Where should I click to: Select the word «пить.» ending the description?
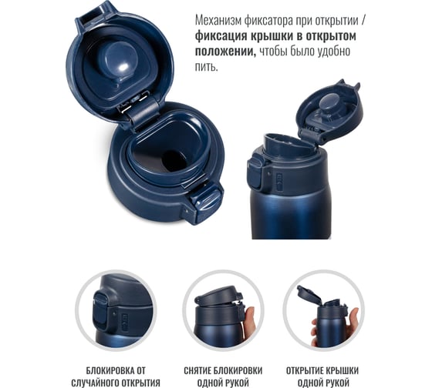pyautogui.click(x=207, y=66)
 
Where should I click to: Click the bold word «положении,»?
pyautogui.click(x=225, y=52)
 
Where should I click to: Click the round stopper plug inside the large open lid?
pyautogui.click(x=119, y=61)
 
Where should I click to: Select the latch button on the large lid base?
pyautogui.click(x=206, y=202)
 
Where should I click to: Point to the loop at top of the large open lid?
pyautogui.click(x=93, y=15)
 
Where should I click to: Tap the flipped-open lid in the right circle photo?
pyautogui.click(x=309, y=295)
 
